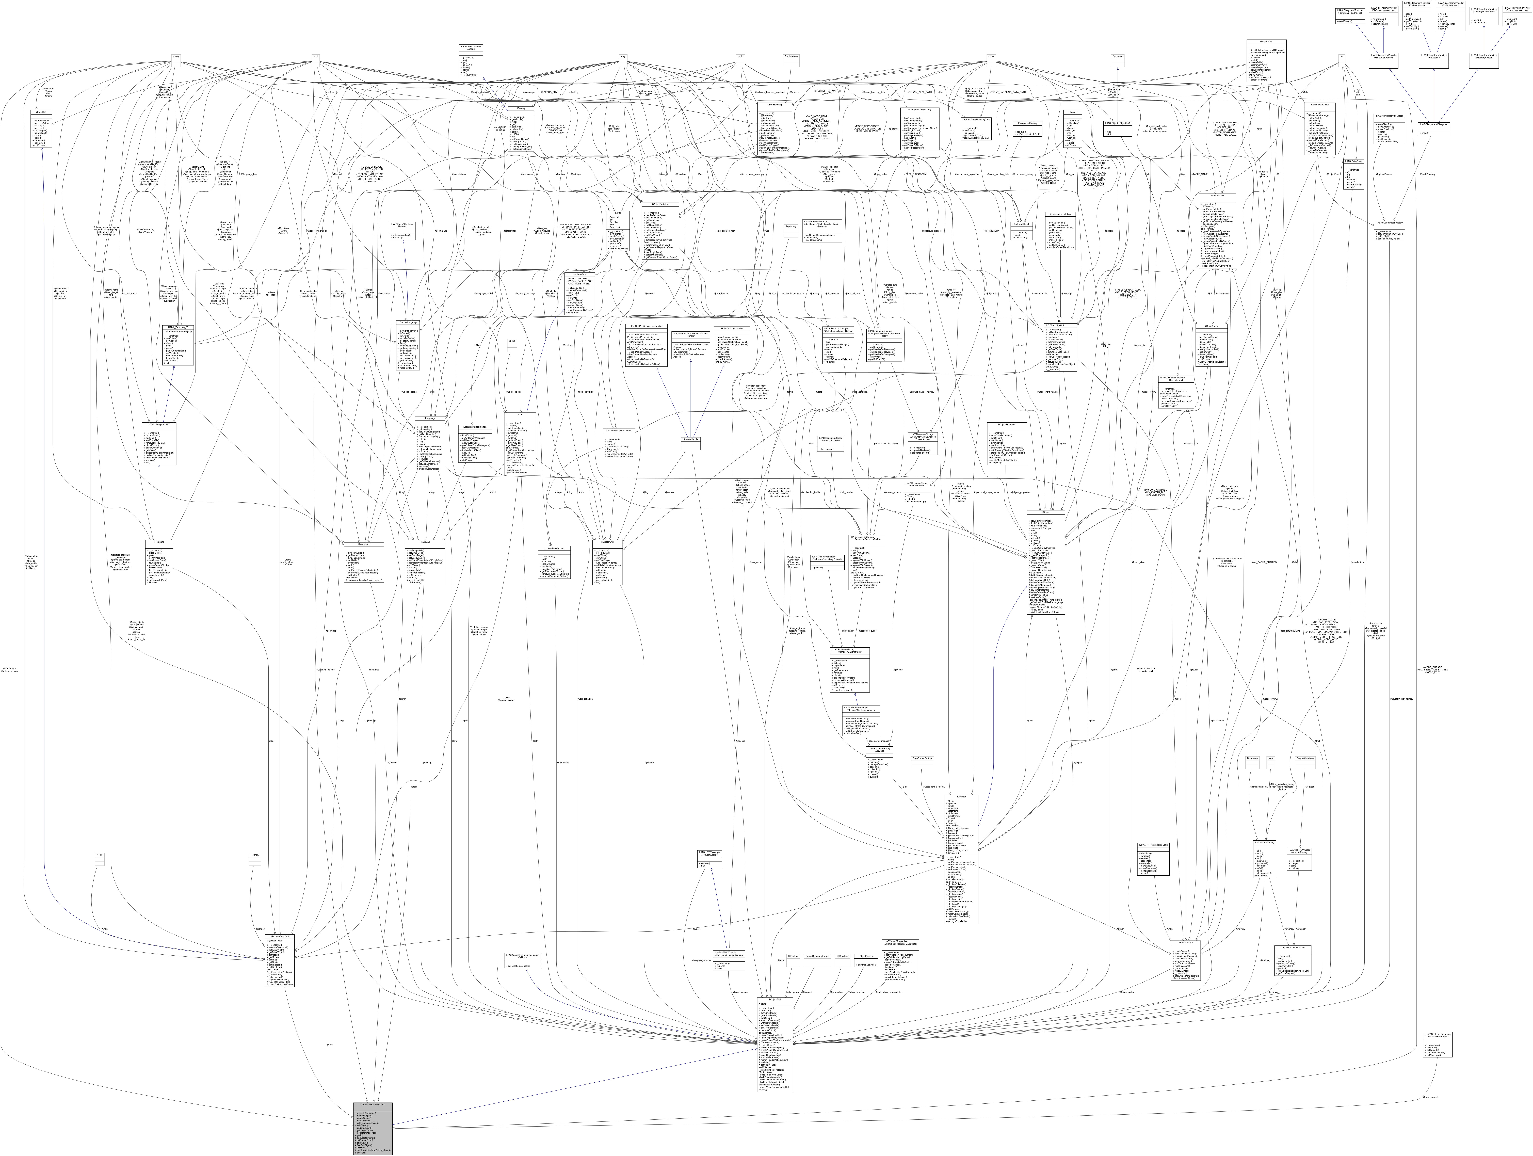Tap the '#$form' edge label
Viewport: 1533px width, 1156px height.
[329, 1044]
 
